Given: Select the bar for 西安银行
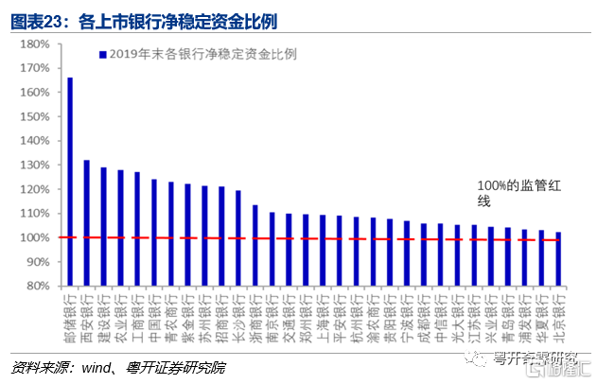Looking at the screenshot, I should [x=87, y=223].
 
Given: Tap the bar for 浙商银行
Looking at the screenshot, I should [x=255, y=245].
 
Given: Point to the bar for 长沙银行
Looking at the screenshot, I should [x=237, y=237].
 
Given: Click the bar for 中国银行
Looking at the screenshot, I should [x=154, y=233].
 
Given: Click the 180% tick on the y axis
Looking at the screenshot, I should [x=36, y=44].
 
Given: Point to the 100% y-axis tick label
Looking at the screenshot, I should [x=36, y=237].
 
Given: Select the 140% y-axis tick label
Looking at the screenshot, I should [x=36, y=141].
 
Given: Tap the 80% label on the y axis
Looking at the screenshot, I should [x=39, y=286].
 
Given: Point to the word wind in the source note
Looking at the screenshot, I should [x=110, y=366].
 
